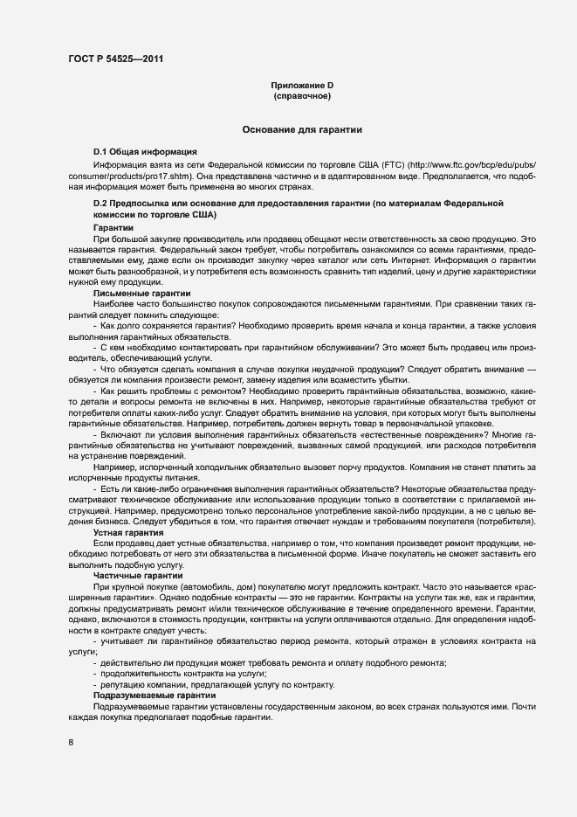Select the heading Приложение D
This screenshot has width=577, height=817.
[302, 85]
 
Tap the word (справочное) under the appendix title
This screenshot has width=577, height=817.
[302, 95]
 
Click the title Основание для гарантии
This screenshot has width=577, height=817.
[302, 130]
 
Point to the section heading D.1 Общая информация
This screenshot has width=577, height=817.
[145, 152]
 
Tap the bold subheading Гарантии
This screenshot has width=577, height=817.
[113, 227]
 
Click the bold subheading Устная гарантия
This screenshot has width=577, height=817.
[129, 532]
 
